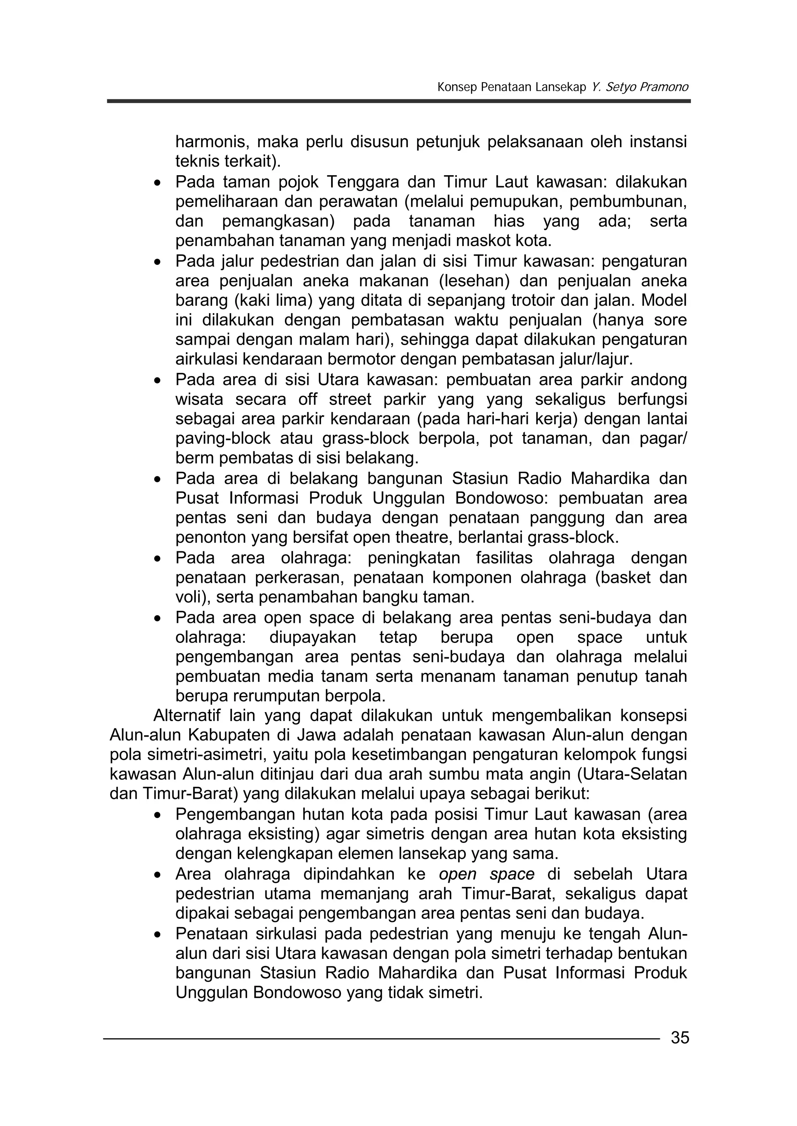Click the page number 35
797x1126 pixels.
point(680,1038)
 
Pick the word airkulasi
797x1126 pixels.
point(207,359)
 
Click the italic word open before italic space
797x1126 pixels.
point(457,874)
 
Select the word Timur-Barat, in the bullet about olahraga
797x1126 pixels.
point(508,894)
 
